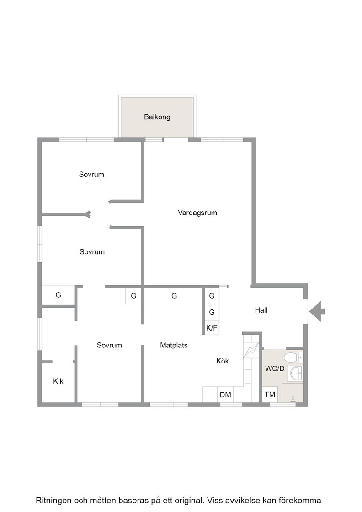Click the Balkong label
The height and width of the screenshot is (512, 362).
pyautogui.click(x=157, y=117)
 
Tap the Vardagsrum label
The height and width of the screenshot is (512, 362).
pyautogui.click(x=197, y=213)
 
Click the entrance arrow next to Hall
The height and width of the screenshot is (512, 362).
pyautogui.click(x=317, y=311)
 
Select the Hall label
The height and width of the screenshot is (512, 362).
pyautogui.click(x=261, y=310)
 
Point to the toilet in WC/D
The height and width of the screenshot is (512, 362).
pyautogui.click(x=293, y=357)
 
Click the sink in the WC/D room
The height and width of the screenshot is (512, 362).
pyautogui.click(x=295, y=373)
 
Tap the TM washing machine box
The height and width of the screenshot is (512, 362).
pyautogui.click(x=270, y=395)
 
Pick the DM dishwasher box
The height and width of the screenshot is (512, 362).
pyautogui.click(x=225, y=395)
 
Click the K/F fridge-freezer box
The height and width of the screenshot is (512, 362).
pyautogui.click(x=212, y=327)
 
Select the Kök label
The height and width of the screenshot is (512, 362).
pyautogui.click(x=222, y=361)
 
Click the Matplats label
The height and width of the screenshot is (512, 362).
pyautogui.click(x=174, y=345)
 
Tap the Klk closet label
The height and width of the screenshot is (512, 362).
pyautogui.click(x=58, y=381)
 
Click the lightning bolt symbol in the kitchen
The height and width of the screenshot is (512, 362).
pyautogui.click(x=251, y=350)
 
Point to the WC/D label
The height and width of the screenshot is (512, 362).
pyautogui.click(x=275, y=368)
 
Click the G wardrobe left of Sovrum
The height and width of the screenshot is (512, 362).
pyautogui.click(x=59, y=295)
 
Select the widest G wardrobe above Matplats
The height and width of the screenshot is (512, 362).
pyautogui.click(x=174, y=296)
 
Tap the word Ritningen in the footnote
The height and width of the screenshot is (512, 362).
pyautogui.click(x=53, y=501)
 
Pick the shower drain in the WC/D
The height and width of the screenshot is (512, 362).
pyautogui.click(x=293, y=398)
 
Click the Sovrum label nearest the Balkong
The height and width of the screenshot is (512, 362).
pyautogui.click(x=91, y=174)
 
